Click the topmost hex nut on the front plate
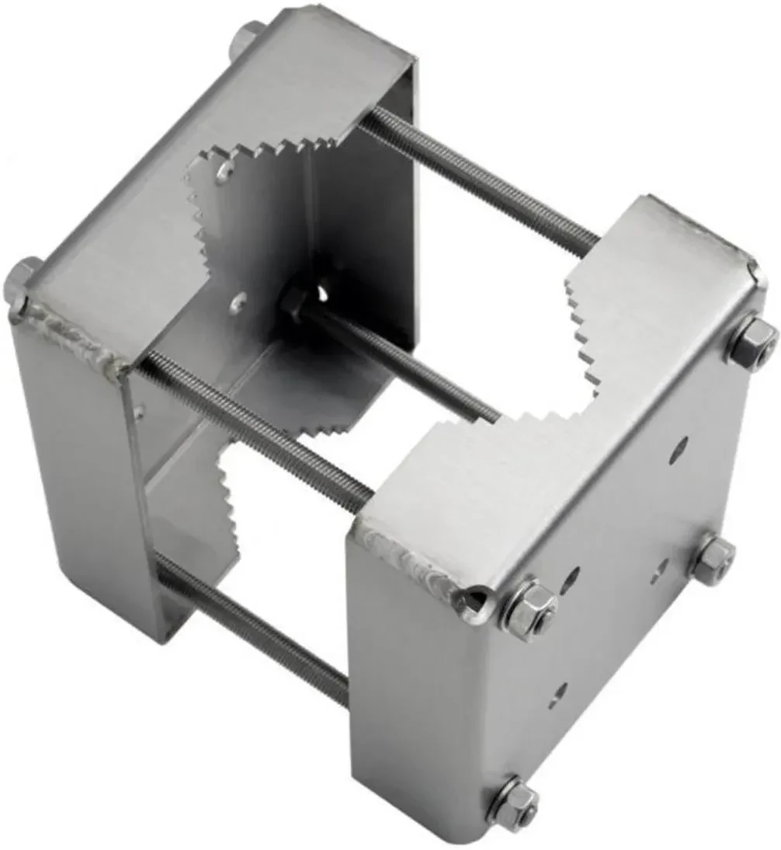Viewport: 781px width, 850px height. [751, 340]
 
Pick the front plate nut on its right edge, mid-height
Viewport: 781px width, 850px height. [713, 558]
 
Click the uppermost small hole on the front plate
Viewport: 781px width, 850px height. [681, 445]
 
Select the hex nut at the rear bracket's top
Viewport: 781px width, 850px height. [248, 35]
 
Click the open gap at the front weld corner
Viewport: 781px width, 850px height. [471, 600]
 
